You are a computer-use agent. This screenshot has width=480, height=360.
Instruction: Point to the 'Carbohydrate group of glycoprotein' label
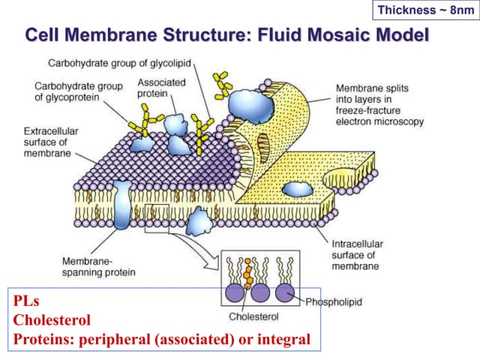(x=78, y=91)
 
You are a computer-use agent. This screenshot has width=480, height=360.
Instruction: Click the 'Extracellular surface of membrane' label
(x=50, y=142)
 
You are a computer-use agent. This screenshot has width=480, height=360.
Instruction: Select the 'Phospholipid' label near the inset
(x=334, y=301)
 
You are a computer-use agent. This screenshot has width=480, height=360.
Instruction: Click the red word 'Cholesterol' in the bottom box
(x=52, y=320)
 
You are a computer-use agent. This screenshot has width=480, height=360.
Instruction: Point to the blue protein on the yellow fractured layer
(x=297, y=188)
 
